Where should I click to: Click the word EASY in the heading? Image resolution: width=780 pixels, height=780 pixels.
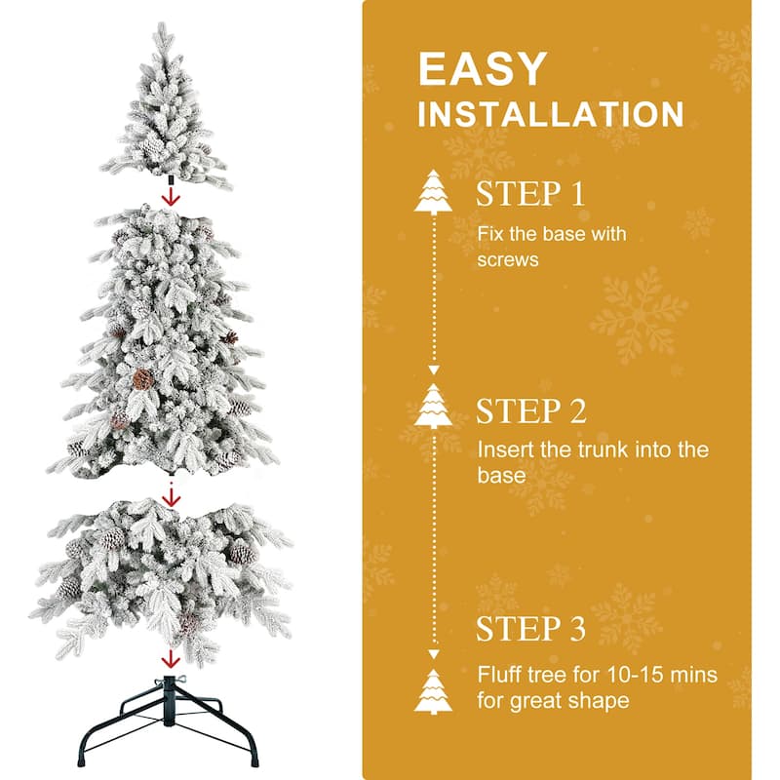click(482, 70)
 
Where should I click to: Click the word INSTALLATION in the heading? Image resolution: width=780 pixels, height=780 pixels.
click(551, 114)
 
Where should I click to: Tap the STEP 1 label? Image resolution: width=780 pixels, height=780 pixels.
click(531, 193)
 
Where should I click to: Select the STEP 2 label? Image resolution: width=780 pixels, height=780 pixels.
click(531, 410)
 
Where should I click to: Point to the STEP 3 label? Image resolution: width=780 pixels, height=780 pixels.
click(531, 629)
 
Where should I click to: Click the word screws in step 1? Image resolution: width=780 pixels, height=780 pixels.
click(508, 260)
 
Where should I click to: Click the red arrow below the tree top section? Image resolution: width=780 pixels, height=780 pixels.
click(172, 197)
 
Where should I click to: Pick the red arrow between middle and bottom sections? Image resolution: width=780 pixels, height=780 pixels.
click(172, 495)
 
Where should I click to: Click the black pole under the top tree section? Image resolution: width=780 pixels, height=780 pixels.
click(171, 180)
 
